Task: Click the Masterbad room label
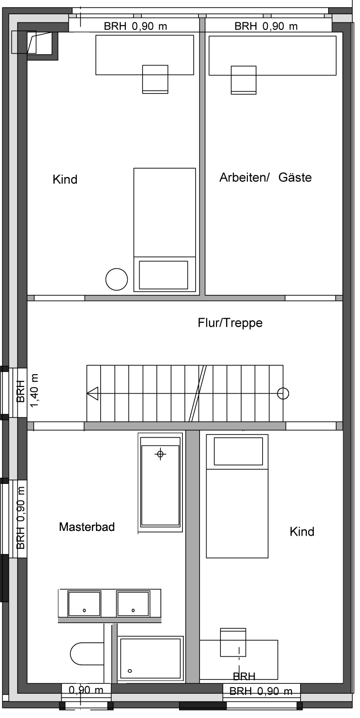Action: [86, 527]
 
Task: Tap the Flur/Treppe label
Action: [230, 323]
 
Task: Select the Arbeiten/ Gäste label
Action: [265, 177]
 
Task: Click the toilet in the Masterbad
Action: [87, 653]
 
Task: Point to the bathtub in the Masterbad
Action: [160, 482]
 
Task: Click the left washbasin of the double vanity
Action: [85, 604]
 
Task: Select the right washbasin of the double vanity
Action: [133, 604]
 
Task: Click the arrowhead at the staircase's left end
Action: [93, 393]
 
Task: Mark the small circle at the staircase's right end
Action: [283, 393]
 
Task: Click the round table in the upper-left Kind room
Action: [117, 279]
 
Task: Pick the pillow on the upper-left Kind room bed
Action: [163, 274]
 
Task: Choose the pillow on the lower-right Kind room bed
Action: [238, 451]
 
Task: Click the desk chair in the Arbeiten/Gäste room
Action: [244, 80]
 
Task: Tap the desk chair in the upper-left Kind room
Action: [155, 79]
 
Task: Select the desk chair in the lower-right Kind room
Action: [233, 642]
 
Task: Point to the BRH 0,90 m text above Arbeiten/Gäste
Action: [266, 26]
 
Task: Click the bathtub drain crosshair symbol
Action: [160, 454]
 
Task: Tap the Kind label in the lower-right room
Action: [302, 531]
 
